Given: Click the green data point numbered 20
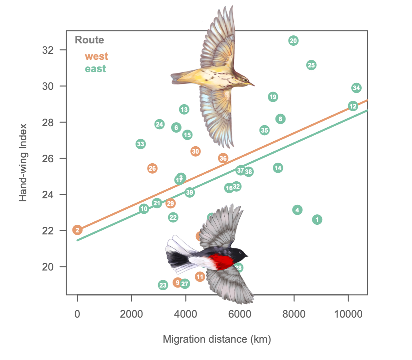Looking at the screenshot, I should [x=293, y=41].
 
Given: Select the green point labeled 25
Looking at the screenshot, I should [x=311, y=65].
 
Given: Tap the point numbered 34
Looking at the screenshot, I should [x=356, y=88].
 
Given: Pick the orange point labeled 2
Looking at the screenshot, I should [x=77, y=230].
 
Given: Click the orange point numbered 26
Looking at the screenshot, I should [x=152, y=168].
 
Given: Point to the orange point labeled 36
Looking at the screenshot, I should [x=223, y=158].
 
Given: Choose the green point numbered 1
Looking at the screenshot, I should [x=317, y=220].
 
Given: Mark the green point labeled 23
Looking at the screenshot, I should [x=163, y=285].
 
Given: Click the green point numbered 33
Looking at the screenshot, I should [x=141, y=144].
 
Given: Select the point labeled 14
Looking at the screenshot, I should [x=278, y=168].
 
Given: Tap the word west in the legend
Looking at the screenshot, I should [x=96, y=56].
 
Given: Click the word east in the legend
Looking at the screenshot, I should [x=95, y=69].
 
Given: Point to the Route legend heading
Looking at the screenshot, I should [x=89, y=40].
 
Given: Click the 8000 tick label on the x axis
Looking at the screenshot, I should [x=294, y=314].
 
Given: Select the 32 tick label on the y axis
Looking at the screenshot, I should [x=48, y=50].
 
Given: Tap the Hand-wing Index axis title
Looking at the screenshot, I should [x=23, y=163].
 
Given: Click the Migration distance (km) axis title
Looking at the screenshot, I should [x=217, y=339].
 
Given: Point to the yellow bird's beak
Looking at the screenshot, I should [x=252, y=84].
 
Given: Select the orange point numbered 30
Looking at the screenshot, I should [x=195, y=151].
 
